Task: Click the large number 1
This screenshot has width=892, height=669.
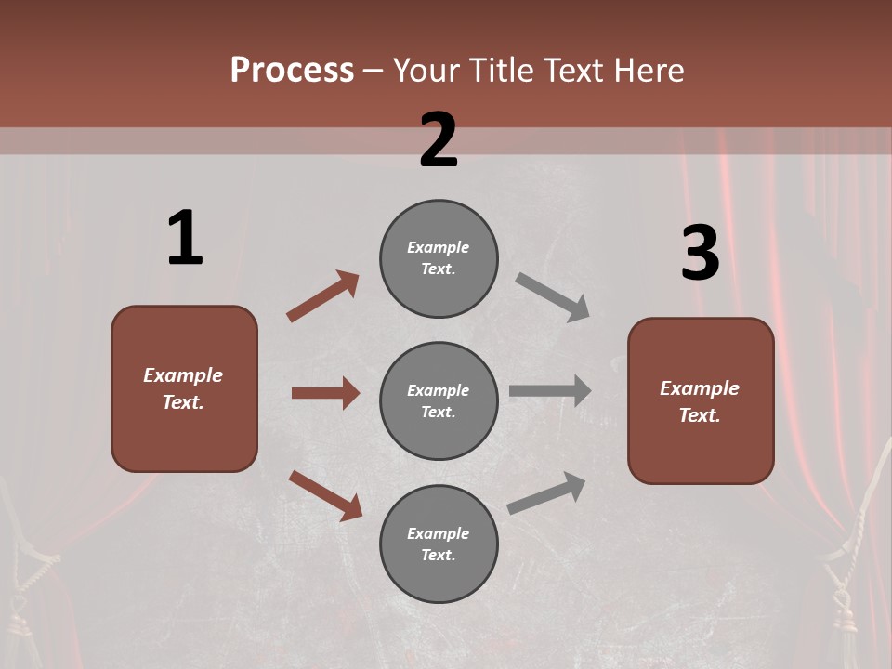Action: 185,238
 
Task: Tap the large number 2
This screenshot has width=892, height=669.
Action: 439,140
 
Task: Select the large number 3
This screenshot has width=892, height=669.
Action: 700,253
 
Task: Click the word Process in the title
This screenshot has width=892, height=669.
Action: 292,71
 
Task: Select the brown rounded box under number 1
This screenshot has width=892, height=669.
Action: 184,388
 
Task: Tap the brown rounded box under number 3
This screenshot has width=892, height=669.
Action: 701,400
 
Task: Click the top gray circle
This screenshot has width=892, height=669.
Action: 439,258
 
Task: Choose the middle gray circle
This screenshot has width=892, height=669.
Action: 439,400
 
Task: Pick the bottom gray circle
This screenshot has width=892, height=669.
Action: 439,544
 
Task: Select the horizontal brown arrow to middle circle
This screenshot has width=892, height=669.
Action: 325,393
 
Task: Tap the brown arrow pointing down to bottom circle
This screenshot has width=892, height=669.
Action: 325,495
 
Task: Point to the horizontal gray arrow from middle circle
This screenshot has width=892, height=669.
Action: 550,391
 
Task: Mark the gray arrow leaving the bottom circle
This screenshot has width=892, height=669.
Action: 546,492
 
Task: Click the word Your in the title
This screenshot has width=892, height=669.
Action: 426,71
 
